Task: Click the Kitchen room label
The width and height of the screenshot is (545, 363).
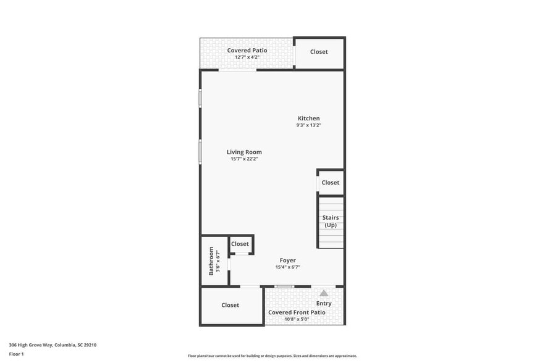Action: tap(308, 119)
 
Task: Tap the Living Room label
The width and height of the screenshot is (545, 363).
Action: tap(244, 152)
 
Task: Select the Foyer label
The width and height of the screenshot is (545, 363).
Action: tap(287, 261)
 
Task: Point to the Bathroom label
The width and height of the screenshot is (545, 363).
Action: tap(211, 261)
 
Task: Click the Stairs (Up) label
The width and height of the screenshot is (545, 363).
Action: tap(331, 221)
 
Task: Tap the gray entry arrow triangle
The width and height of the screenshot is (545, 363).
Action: tap(324, 293)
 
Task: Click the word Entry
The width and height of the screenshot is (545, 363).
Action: tap(324, 303)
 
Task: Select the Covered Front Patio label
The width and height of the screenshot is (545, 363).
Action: tap(297, 312)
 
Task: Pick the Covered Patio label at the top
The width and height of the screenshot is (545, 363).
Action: tap(247, 50)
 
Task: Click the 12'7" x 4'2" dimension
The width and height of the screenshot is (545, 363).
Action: tap(247, 57)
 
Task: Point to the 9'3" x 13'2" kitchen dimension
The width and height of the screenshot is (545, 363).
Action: tap(308, 125)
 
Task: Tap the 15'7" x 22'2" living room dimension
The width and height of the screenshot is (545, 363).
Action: tap(244, 159)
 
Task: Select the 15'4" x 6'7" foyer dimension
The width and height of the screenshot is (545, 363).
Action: tap(287, 267)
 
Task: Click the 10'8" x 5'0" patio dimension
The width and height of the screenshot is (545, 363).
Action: tap(297, 320)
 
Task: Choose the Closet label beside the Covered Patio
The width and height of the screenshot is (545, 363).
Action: tap(319, 52)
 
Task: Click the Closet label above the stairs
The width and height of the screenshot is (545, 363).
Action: tap(330, 183)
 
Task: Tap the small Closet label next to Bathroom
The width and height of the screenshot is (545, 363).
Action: tap(240, 244)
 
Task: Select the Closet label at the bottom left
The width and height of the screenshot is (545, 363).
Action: tap(230, 305)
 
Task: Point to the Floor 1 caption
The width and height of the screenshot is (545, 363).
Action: tap(16, 354)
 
